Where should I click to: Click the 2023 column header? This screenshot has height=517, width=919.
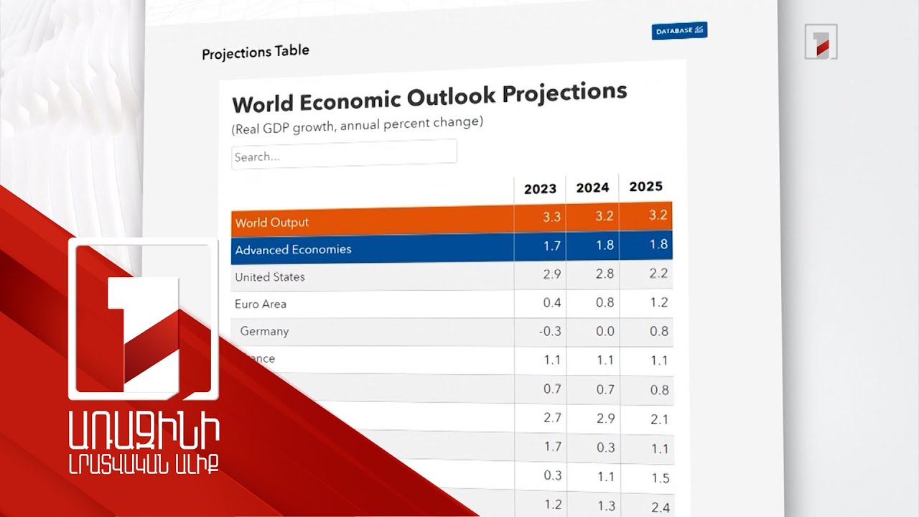click(540, 189)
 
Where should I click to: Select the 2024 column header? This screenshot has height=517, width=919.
click(592, 188)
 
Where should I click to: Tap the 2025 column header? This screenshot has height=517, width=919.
click(645, 187)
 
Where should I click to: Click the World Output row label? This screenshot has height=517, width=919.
click(272, 223)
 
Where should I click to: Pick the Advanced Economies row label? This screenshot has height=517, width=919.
click(293, 250)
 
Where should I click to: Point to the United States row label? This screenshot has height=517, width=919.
click(270, 277)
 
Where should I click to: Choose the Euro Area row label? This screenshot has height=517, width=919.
click(261, 304)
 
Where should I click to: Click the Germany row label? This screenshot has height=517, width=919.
click(264, 332)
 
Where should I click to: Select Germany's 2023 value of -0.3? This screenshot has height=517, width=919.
click(551, 332)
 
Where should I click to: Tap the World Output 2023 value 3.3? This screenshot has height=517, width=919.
click(551, 217)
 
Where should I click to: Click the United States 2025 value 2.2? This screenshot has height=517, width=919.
click(658, 274)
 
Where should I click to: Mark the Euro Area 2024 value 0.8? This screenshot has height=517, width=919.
click(605, 303)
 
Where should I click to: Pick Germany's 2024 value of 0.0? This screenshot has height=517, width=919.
click(605, 332)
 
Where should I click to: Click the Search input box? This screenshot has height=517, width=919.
click(344, 155)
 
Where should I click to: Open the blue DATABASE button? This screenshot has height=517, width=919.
click(679, 31)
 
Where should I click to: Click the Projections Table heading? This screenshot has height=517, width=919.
click(256, 52)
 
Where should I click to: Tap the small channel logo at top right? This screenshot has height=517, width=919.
click(821, 41)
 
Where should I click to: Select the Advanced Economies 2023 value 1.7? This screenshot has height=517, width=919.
click(551, 246)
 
